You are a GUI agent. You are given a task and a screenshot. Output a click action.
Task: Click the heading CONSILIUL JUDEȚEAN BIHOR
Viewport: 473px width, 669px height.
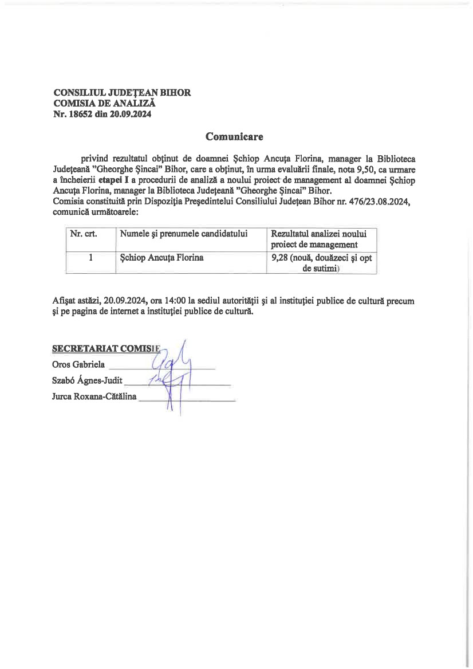click(122, 93)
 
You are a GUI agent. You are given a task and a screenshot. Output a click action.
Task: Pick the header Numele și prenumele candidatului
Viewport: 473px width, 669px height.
click(183, 234)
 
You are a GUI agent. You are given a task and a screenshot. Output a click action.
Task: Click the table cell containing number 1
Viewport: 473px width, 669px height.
click(90, 258)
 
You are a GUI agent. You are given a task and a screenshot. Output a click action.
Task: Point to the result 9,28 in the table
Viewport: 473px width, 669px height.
click(279, 258)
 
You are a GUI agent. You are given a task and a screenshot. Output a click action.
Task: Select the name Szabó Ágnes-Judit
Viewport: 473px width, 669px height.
click(87, 379)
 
